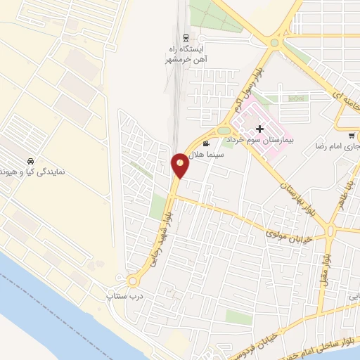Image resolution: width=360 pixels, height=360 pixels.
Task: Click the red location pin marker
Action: pos(180,165)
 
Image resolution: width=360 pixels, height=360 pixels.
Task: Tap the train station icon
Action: pos(186,37)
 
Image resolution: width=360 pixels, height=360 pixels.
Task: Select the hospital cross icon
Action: pos(260,129)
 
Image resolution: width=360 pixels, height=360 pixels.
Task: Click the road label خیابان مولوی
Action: pos(289,231)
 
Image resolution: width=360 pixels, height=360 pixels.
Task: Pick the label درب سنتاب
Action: pos(120,297)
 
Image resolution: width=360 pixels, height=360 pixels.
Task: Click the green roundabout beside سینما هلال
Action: pos(224,130)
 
